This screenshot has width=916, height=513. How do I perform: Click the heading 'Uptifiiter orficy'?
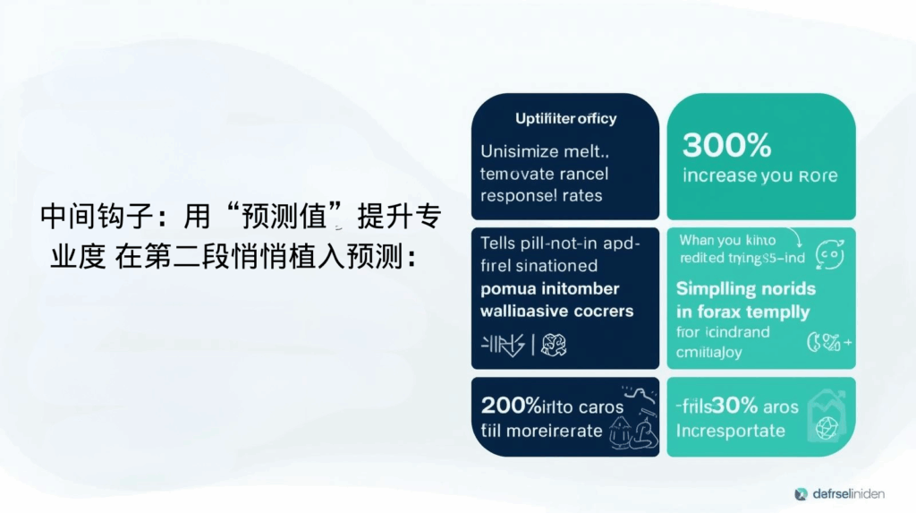565,118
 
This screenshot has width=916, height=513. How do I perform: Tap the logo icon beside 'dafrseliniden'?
801,493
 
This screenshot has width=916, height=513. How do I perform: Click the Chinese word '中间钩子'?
87,218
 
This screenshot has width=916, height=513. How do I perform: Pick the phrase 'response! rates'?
541,194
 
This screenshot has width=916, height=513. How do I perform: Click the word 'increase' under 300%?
718,175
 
